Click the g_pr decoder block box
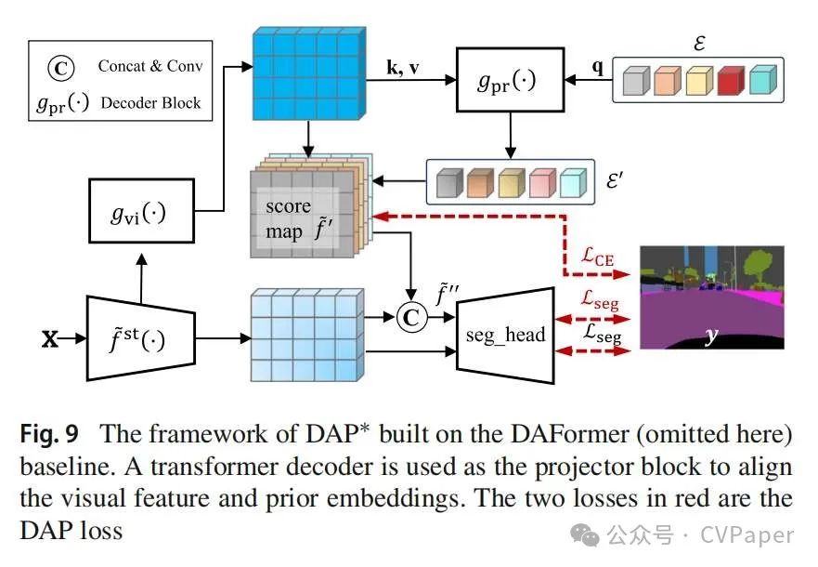pyautogui.click(x=507, y=81)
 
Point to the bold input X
pyautogui.click(x=48, y=340)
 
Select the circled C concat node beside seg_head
pyautogui.click(x=409, y=318)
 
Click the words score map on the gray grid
pyautogui.click(x=290, y=219)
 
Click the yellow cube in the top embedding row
pyautogui.click(x=693, y=81)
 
